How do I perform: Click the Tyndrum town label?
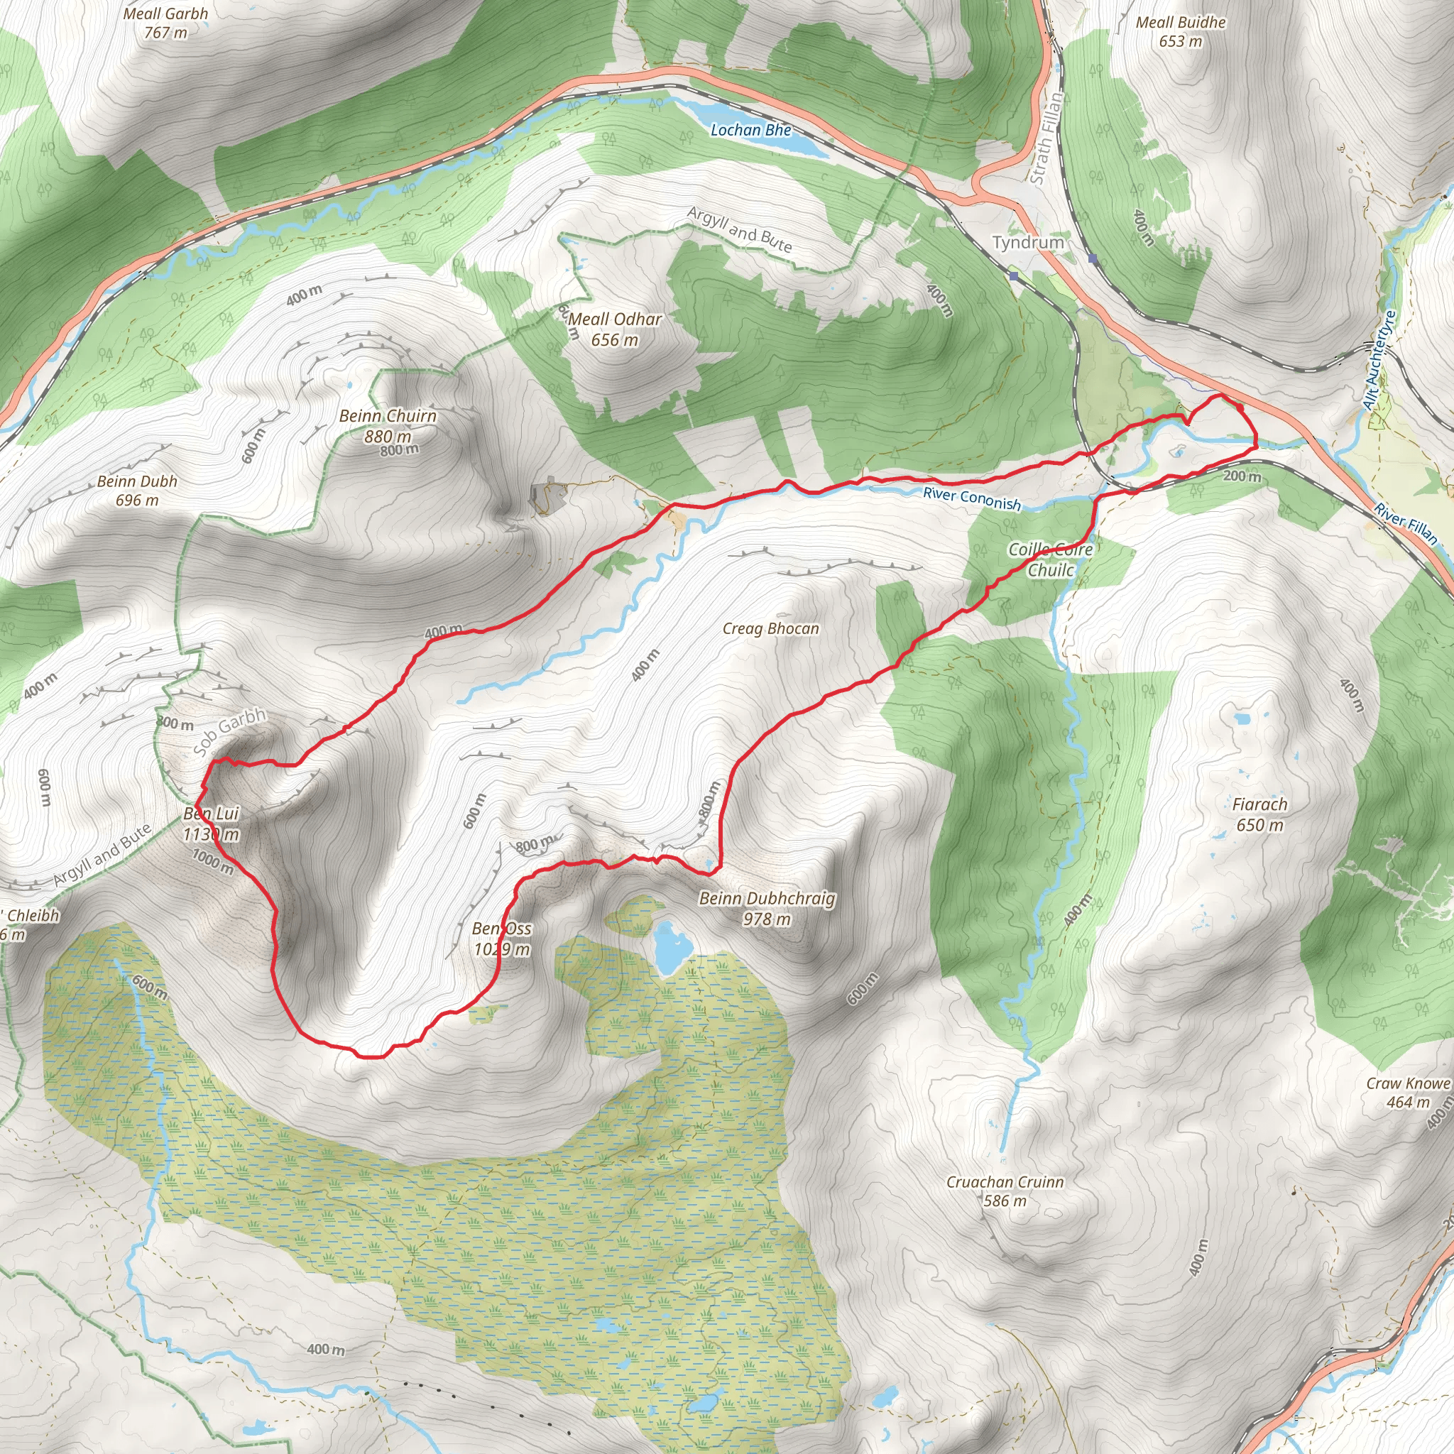click(1028, 242)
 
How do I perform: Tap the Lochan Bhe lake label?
click(750, 130)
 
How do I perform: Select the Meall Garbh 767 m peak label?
click(165, 23)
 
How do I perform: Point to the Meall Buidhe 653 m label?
click(1180, 32)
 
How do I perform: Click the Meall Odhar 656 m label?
click(615, 329)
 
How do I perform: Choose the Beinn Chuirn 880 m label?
click(388, 425)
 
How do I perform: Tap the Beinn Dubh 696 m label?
click(137, 490)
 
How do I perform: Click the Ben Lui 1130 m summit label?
click(212, 824)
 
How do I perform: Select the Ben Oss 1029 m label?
click(501, 939)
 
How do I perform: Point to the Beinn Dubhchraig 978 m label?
click(767, 907)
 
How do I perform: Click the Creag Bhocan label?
click(770, 628)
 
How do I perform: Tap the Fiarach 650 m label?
click(1259, 814)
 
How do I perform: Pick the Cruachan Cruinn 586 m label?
click(1005, 1191)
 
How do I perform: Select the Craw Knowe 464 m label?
click(1408, 1093)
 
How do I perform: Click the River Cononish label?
click(972, 499)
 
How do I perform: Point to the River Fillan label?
click(1405, 524)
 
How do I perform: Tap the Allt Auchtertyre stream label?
click(1379, 361)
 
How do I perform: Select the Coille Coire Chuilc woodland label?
click(1051, 559)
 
